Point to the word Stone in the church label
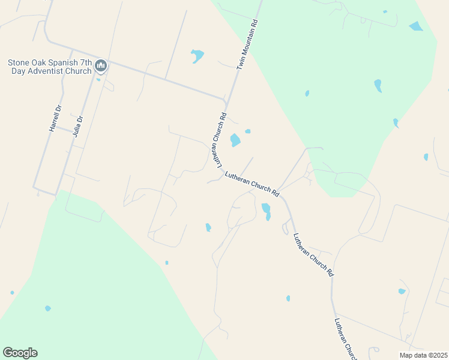19,62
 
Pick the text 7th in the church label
86,62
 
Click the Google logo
20,353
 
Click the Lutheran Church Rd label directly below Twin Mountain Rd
217,140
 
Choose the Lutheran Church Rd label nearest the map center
253,184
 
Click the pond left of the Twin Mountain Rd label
197,56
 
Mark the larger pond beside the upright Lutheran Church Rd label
235,140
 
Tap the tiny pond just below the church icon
98,79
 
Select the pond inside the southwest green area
47,308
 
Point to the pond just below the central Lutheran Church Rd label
266,209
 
